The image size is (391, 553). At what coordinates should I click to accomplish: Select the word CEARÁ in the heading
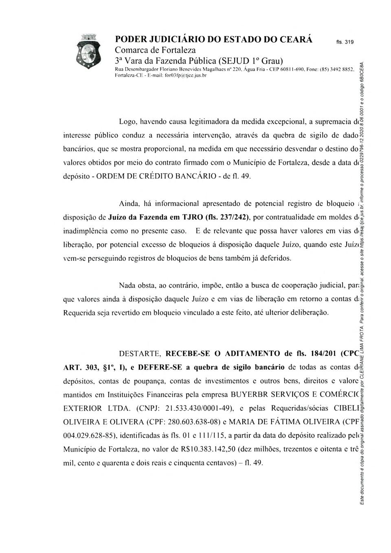point(292,40)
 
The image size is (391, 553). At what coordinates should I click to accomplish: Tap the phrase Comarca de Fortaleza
point(156,50)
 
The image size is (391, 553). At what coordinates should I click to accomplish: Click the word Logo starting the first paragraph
point(127,121)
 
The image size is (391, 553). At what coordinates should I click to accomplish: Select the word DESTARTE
point(141,353)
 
